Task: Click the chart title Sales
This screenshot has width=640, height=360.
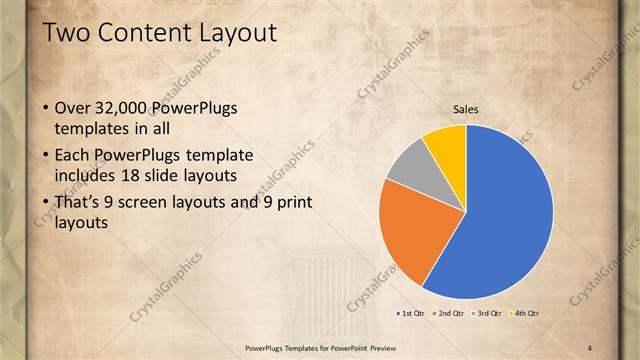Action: tap(466, 109)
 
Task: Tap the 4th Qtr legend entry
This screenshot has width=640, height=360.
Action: tap(525, 313)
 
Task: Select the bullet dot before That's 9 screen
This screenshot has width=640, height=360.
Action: tap(38, 203)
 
